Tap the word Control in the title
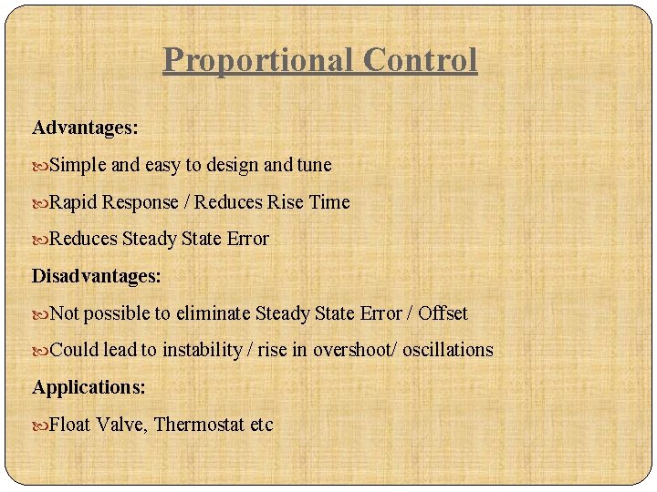[420, 60]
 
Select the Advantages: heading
[85, 128]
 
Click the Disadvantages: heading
[97, 275]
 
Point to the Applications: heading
[89, 386]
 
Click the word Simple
[78, 165]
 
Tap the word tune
[314, 165]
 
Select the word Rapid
[74, 202]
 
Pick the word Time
[329, 202]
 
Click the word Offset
[443, 313]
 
